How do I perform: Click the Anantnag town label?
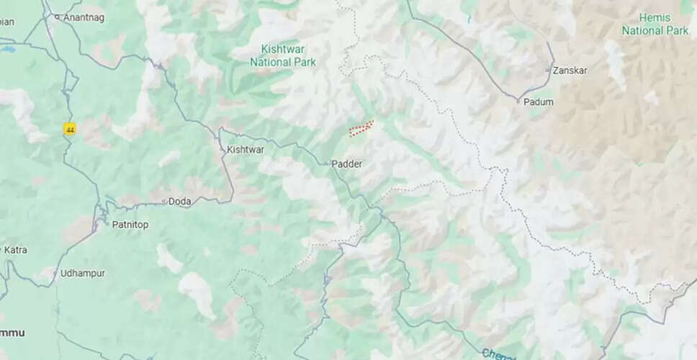pyautogui.click(x=82, y=16)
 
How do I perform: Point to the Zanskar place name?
pyautogui.click(x=570, y=71)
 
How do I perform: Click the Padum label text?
pyautogui.click(x=539, y=102)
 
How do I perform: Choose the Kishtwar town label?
pyautogui.click(x=245, y=149)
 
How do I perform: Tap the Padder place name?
pyautogui.click(x=346, y=164)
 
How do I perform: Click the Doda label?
pyautogui.click(x=179, y=202)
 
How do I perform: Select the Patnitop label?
pyautogui.click(x=130, y=225)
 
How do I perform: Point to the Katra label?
pyautogui.click(x=15, y=250)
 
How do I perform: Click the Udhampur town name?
pyautogui.click(x=83, y=274)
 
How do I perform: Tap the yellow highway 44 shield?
pyautogui.click(x=70, y=130)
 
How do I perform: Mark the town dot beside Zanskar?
pyautogui.click(x=549, y=71)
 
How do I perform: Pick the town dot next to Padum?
pyautogui.click(x=518, y=102)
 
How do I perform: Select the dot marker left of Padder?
pyautogui.click(x=326, y=164)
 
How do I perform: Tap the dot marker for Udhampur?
pyautogui.click(x=55, y=274)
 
